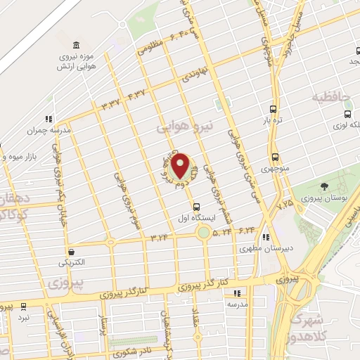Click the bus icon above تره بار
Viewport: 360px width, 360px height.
pyautogui.click(x=274, y=110)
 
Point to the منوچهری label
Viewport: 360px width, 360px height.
pyautogui.click(x=275, y=169)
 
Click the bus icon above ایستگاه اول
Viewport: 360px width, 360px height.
pyautogui.click(x=196, y=207)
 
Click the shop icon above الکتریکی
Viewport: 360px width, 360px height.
pyautogui.click(x=71, y=251)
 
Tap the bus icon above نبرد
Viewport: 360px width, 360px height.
pyautogui.click(x=24, y=307)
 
